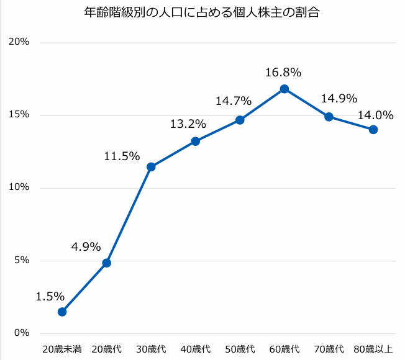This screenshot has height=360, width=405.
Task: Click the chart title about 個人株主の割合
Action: [202, 12]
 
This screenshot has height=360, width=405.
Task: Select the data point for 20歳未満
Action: [62, 312]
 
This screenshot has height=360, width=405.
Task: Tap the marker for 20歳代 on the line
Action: [107, 263]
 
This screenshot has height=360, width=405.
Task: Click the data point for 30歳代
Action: [151, 166]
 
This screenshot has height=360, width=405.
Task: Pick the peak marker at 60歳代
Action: [284, 89]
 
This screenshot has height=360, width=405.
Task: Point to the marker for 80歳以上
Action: [373, 130]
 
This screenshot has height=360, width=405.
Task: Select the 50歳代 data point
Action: [240, 120]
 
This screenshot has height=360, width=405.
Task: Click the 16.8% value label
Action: [283, 73]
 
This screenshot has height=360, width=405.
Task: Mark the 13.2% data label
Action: [188, 124]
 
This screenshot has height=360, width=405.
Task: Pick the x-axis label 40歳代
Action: [196, 349]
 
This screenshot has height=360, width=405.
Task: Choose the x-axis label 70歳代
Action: [329, 349]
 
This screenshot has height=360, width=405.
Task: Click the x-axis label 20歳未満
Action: [62, 349]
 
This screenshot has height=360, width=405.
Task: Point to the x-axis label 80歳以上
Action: [373, 349]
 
